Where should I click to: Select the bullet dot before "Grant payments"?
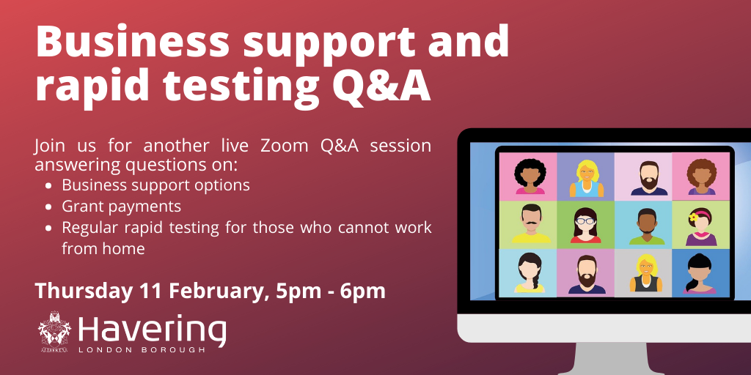[48, 207]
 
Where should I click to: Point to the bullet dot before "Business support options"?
[48, 186]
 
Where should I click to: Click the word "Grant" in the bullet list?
[81, 207]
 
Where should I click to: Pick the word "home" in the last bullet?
[123, 249]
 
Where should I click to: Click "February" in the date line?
[216, 291]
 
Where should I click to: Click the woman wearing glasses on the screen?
[585, 224]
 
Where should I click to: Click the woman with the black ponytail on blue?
[699, 272]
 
